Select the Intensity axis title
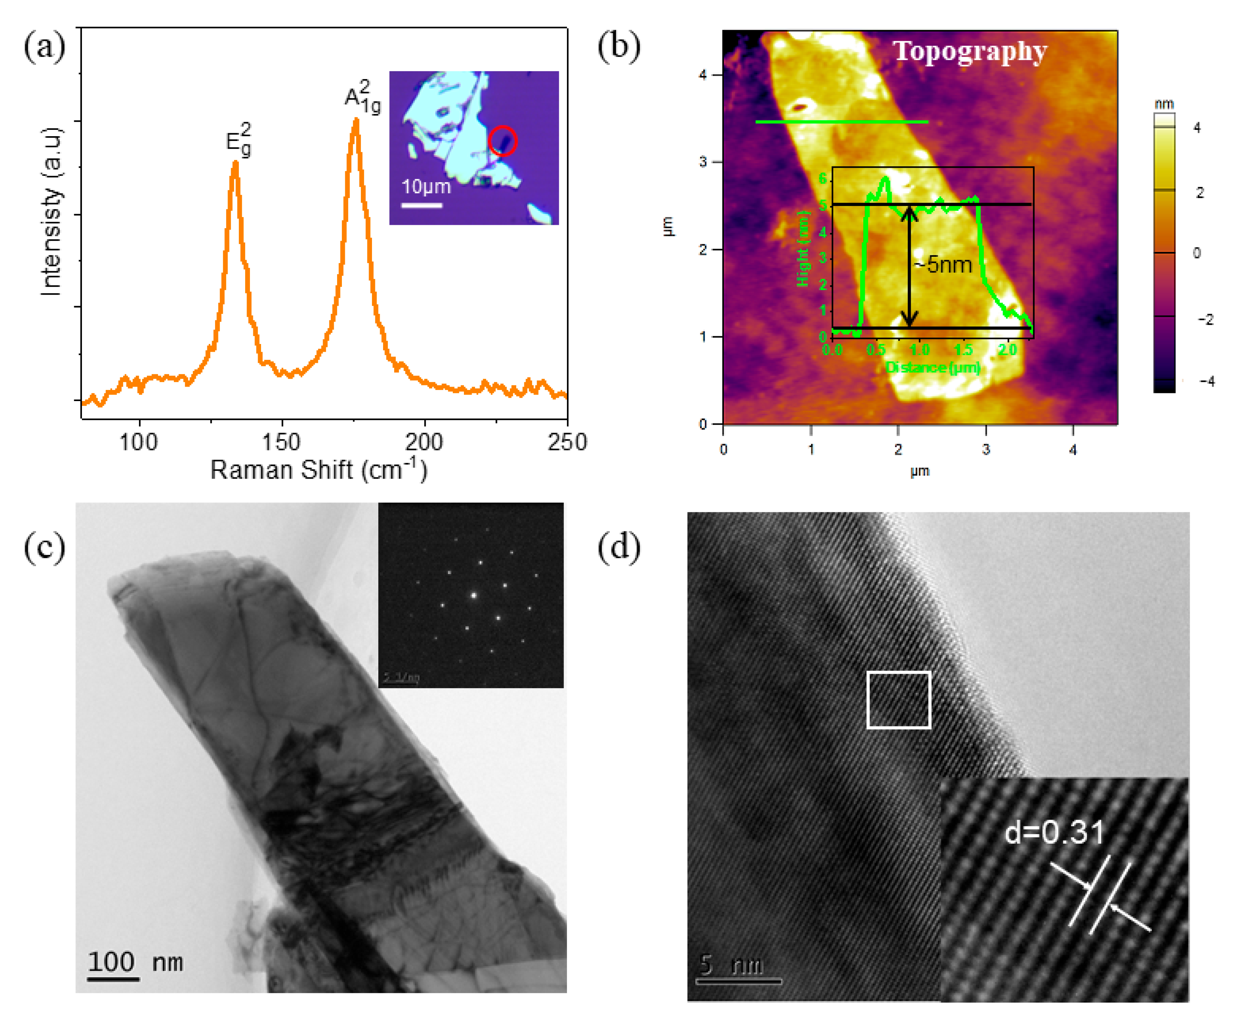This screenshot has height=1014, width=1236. pos(52,211)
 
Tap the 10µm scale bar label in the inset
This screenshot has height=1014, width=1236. pos(426,187)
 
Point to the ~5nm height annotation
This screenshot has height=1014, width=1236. pos(942,265)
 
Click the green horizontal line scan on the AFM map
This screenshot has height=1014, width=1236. pos(841,121)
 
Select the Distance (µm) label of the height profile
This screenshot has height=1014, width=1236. pos(932,367)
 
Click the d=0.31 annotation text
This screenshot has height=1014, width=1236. pos(1054,832)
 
